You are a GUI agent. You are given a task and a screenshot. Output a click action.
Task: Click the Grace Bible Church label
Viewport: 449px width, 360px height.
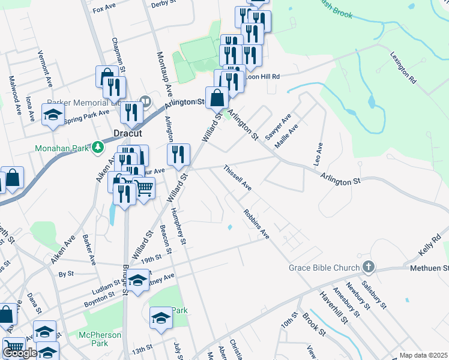[x=324, y=267]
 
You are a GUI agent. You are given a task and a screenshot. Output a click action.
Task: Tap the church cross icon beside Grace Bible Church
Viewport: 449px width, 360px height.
[x=369, y=267]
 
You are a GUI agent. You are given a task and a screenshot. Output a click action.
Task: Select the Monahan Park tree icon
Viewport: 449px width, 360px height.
[x=98, y=148]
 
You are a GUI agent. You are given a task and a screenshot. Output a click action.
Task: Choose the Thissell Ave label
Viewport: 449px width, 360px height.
[x=237, y=178]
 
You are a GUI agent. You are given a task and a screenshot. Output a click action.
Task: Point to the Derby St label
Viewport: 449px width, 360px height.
[x=163, y=4]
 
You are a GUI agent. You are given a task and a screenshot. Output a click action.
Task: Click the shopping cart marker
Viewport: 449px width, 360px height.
[x=143, y=188]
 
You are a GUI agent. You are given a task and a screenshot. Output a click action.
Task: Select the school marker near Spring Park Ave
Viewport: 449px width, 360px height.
[x=53, y=115]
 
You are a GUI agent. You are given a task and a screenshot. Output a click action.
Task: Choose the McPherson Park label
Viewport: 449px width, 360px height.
[x=100, y=339]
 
